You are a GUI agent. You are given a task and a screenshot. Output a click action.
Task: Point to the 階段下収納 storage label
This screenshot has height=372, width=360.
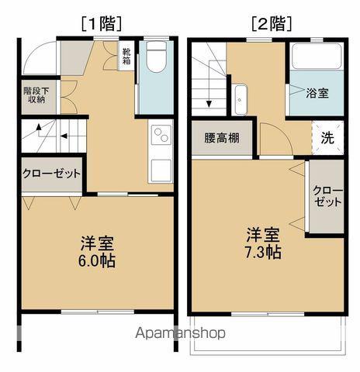click(x=34, y=95)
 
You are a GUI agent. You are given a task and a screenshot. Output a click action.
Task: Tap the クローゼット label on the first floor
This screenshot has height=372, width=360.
click(x=51, y=174)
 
